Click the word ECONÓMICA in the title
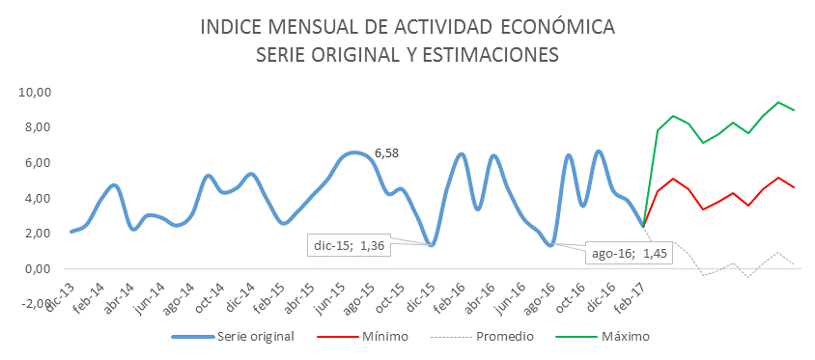tap(550, 26)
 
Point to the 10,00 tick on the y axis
tap(34, 93)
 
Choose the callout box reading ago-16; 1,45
tap(630, 253)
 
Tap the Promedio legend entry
tap(500, 337)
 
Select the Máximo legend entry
tap(623, 337)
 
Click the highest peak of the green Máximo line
tap(778, 102)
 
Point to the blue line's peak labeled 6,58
tap(354, 152)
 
